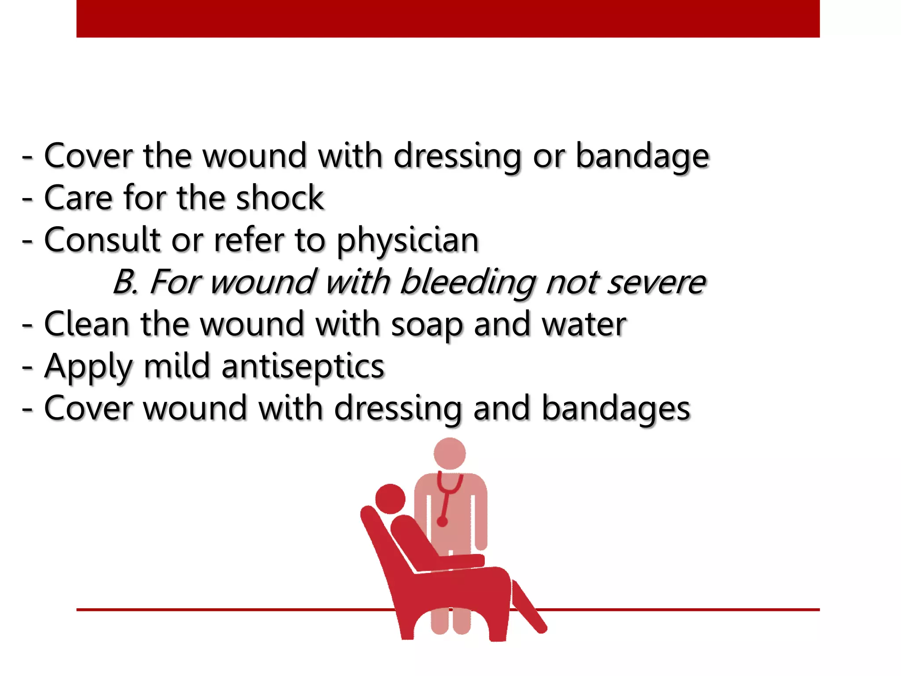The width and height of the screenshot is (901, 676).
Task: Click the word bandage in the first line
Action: [x=642, y=156]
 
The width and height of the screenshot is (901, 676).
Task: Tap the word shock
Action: [x=280, y=198]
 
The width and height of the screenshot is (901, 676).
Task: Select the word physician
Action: [x=407, y=241]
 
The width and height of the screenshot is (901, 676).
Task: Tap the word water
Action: [x=584, y=325]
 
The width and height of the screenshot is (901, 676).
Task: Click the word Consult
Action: [x=103, y=240]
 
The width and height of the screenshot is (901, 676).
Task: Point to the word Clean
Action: [x=87, y=325]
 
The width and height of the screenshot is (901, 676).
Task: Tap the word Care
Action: [x=78, y=198]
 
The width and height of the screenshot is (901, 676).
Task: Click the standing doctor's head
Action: [x=450, y=453]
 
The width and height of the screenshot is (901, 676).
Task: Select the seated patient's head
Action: [x=390, y=499]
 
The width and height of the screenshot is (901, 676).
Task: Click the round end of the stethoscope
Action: [x=443, y=522]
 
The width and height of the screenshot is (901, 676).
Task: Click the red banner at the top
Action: [x=448, y=18]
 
